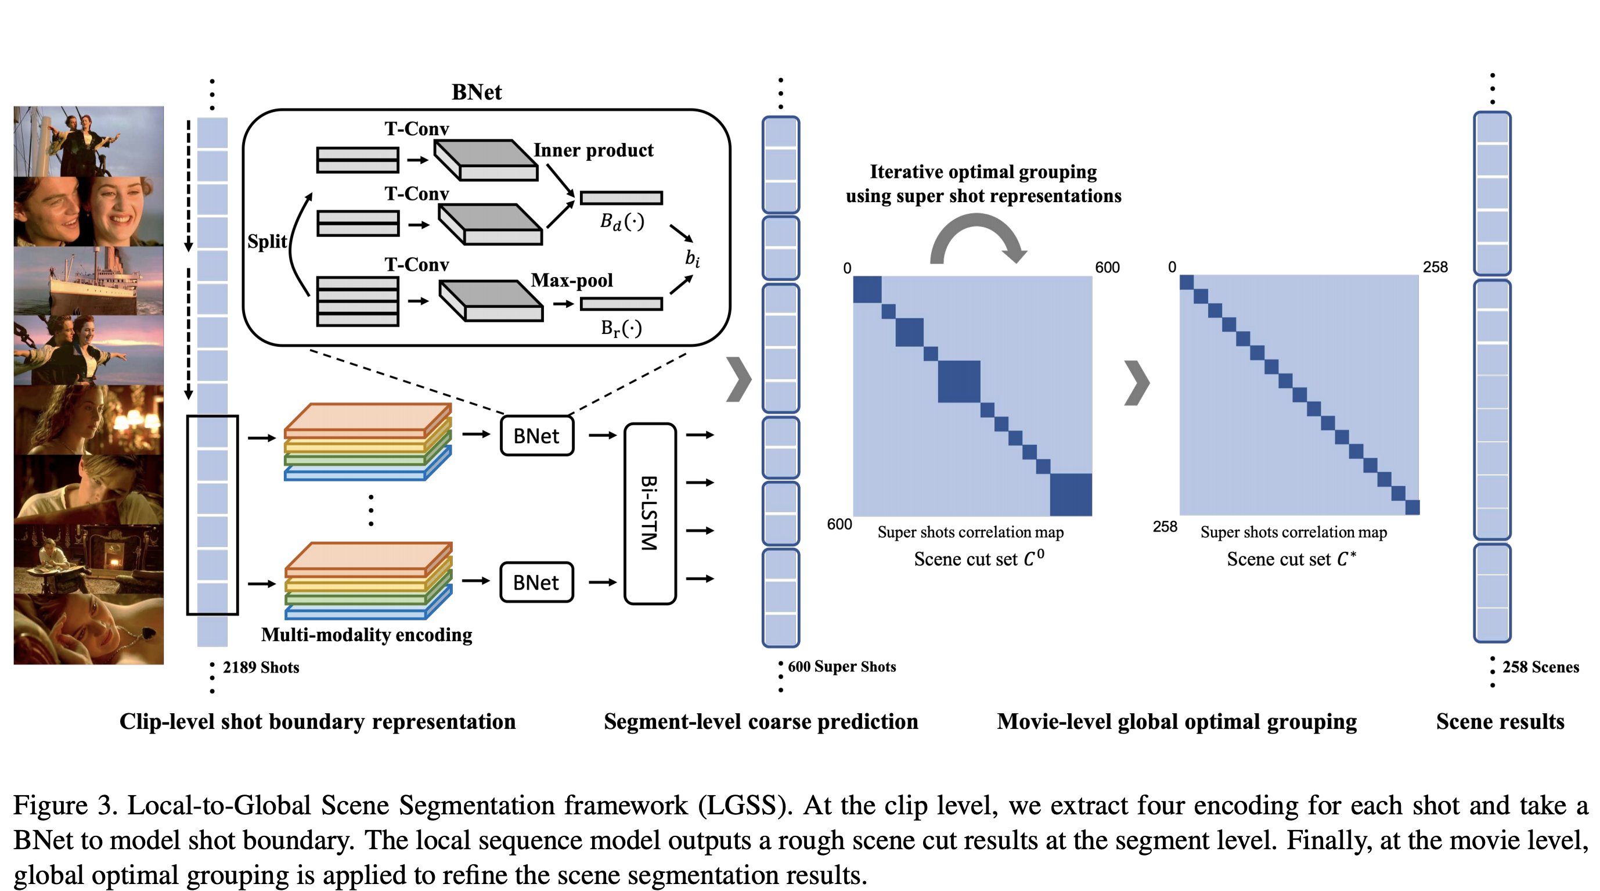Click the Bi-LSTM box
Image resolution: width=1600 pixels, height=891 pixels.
pos(650,513)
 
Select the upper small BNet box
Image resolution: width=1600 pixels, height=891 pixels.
pos(536,436)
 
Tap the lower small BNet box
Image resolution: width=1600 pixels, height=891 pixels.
pos(536,582)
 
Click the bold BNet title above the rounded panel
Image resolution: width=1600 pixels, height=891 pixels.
pos(477,92)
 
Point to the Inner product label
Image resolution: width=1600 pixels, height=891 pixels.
pos(593,150)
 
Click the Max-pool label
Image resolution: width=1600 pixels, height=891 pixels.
pos(571,280)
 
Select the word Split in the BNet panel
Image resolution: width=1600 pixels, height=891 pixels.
pos(267,241)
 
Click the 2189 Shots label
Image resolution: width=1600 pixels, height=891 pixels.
pos(261,667)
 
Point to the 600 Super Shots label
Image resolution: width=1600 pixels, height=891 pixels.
pos(842,667)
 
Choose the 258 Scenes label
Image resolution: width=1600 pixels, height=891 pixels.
pos(1540,667)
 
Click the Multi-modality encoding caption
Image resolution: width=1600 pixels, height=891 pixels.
pos(366,634)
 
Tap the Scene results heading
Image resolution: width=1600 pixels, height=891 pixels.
pos(1500,721)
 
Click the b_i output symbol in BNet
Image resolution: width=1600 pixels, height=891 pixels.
pos(693,258)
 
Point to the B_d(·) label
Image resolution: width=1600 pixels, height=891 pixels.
pos(622,222)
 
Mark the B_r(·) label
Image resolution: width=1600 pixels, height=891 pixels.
pos(621,328)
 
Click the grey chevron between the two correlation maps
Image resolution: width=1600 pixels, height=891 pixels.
pos(1137,383)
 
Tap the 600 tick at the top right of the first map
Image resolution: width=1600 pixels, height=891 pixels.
pos(1107,268)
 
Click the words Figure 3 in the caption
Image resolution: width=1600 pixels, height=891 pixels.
pos(64,805)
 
